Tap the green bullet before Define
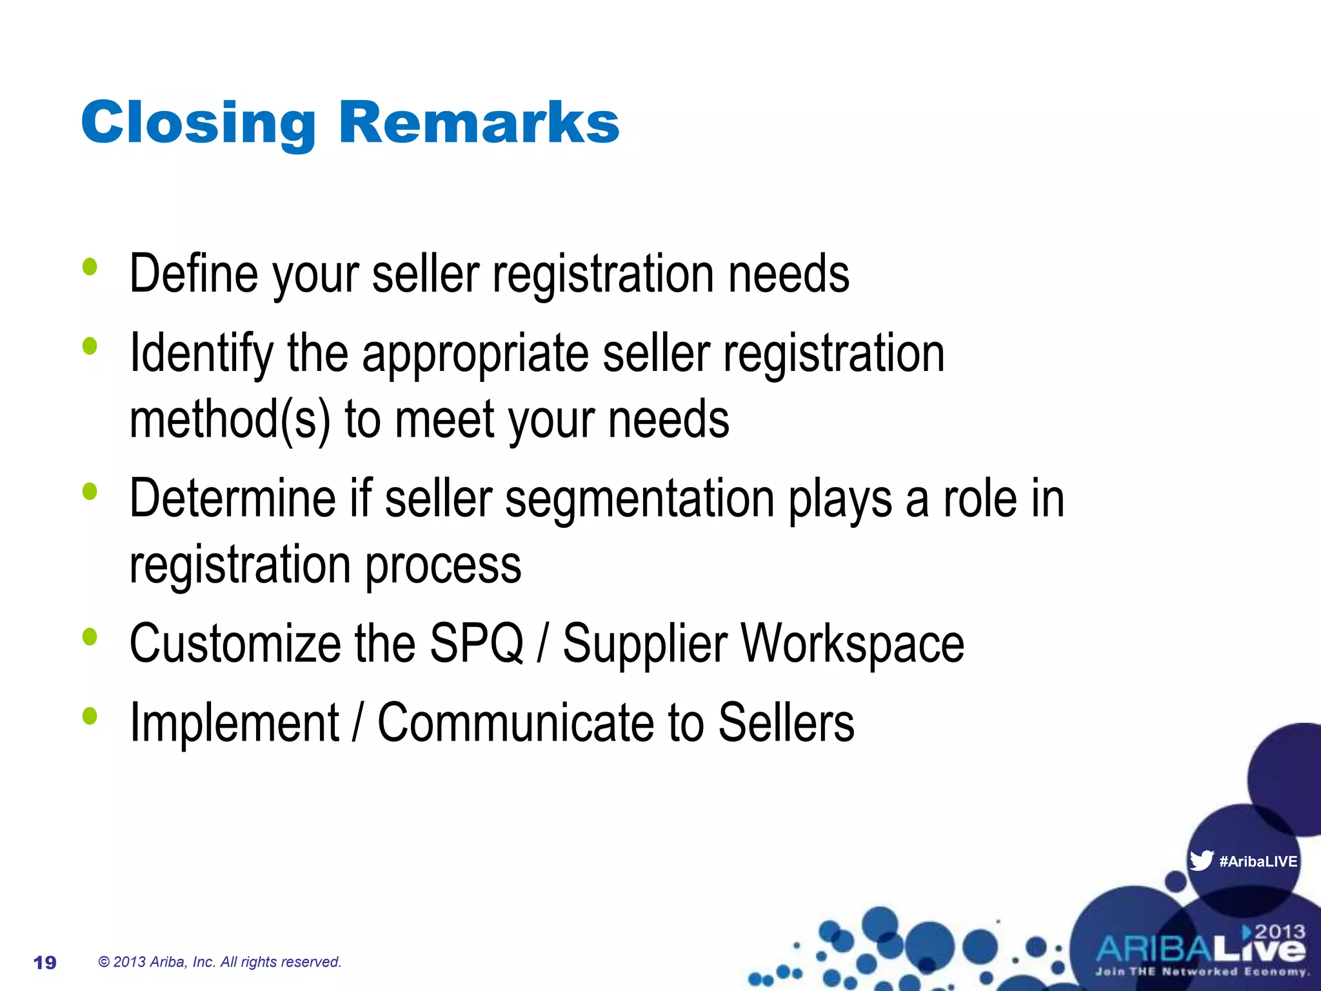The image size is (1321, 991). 90,266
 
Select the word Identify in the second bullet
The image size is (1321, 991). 201,354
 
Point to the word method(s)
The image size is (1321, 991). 230,420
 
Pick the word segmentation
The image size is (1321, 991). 639,500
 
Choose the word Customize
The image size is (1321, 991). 235,643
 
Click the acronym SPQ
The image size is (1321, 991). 476,643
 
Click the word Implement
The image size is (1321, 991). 234,723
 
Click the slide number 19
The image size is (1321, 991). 45,963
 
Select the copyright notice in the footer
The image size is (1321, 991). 219,962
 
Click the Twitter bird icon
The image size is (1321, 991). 1201,861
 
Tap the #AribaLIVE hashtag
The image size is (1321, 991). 1258,861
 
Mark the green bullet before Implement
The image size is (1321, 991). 90,716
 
